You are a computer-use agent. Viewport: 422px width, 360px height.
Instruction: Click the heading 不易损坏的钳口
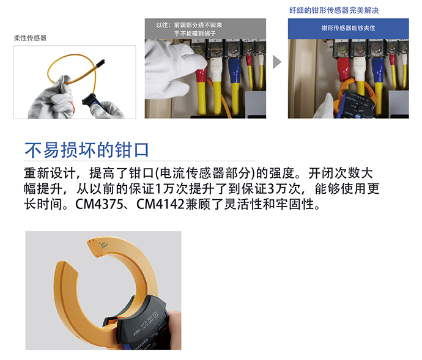(x=87, y=150)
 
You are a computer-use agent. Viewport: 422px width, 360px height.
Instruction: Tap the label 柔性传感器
(x=30, y=38)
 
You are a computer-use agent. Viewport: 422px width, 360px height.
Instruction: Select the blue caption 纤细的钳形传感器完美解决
(x=334, y=10)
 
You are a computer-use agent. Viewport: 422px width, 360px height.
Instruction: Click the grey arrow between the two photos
(x=277, y=62)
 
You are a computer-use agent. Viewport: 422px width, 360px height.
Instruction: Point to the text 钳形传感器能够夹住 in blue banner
(x=348, y=28)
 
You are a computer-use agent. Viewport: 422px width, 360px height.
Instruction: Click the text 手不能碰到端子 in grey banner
(x=195, y=34)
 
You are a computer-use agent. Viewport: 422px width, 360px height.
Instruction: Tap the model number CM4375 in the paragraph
(x=98, y=204)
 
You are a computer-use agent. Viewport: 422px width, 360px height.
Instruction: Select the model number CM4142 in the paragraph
(x=160, y=204)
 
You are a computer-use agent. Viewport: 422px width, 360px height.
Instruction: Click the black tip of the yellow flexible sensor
(x=100, y=63)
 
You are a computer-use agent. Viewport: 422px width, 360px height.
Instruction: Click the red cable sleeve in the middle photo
(x=201, y=76)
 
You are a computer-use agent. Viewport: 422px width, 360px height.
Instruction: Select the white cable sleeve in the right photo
(x=360, y=67)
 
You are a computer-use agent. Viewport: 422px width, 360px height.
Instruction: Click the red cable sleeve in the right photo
(x=343, y=69)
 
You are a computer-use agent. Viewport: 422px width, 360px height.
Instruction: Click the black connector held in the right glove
(x=90, y=100)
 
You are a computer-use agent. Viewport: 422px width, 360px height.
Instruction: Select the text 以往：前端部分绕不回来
(x=189, y=25)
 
